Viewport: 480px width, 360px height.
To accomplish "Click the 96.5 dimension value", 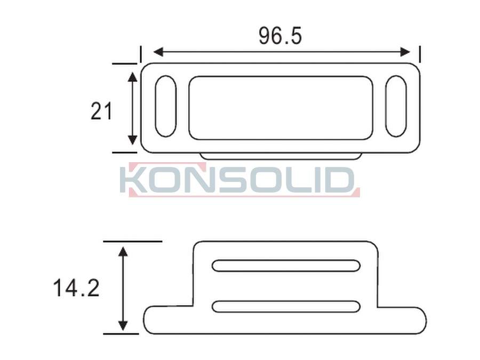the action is pos(280,36).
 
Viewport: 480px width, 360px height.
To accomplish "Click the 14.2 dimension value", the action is pos(76,288).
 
